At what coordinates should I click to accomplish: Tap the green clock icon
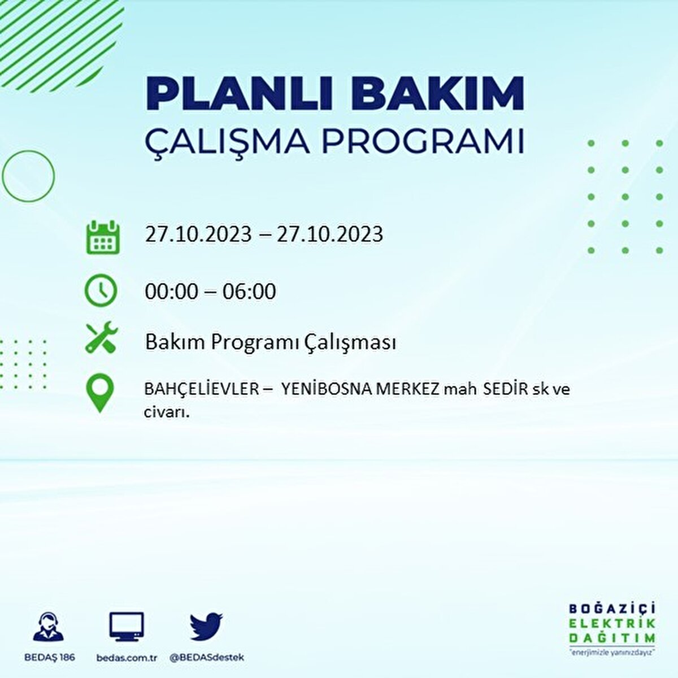point(101,290)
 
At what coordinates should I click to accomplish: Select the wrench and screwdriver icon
point(101,337)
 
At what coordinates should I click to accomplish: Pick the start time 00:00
point(171,292)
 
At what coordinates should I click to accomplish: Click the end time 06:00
point(249,292)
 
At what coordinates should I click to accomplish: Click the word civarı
point(166,412)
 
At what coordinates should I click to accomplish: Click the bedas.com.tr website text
point(127,658)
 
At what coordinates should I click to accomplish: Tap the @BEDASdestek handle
point(207,658)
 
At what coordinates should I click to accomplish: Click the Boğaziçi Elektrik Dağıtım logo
point(612,628)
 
